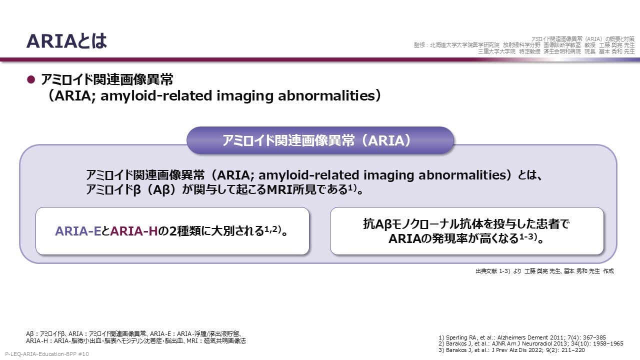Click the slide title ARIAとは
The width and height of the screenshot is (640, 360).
pos(66,41)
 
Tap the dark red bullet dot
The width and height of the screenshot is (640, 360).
pos(31,79)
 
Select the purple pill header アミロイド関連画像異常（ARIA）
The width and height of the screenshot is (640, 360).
pos(320,140)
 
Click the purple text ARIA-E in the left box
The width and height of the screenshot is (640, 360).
pos(78,231)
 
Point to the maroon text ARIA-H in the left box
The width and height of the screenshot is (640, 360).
pos(134,231)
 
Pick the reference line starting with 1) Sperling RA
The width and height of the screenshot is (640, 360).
pos(522,337)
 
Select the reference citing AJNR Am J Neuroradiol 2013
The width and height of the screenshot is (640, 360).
pos(531,343)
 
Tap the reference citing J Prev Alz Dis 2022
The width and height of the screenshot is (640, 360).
pos(511,350)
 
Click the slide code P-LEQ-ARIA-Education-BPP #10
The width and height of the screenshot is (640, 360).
pos(47,354)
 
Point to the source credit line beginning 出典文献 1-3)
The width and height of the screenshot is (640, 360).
pos(544,271)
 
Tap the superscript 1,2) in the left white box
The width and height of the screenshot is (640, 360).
pos(272,229)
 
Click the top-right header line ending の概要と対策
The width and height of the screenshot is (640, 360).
pos(583,39)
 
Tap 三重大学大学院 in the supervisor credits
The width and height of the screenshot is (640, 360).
pos(496,51)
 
